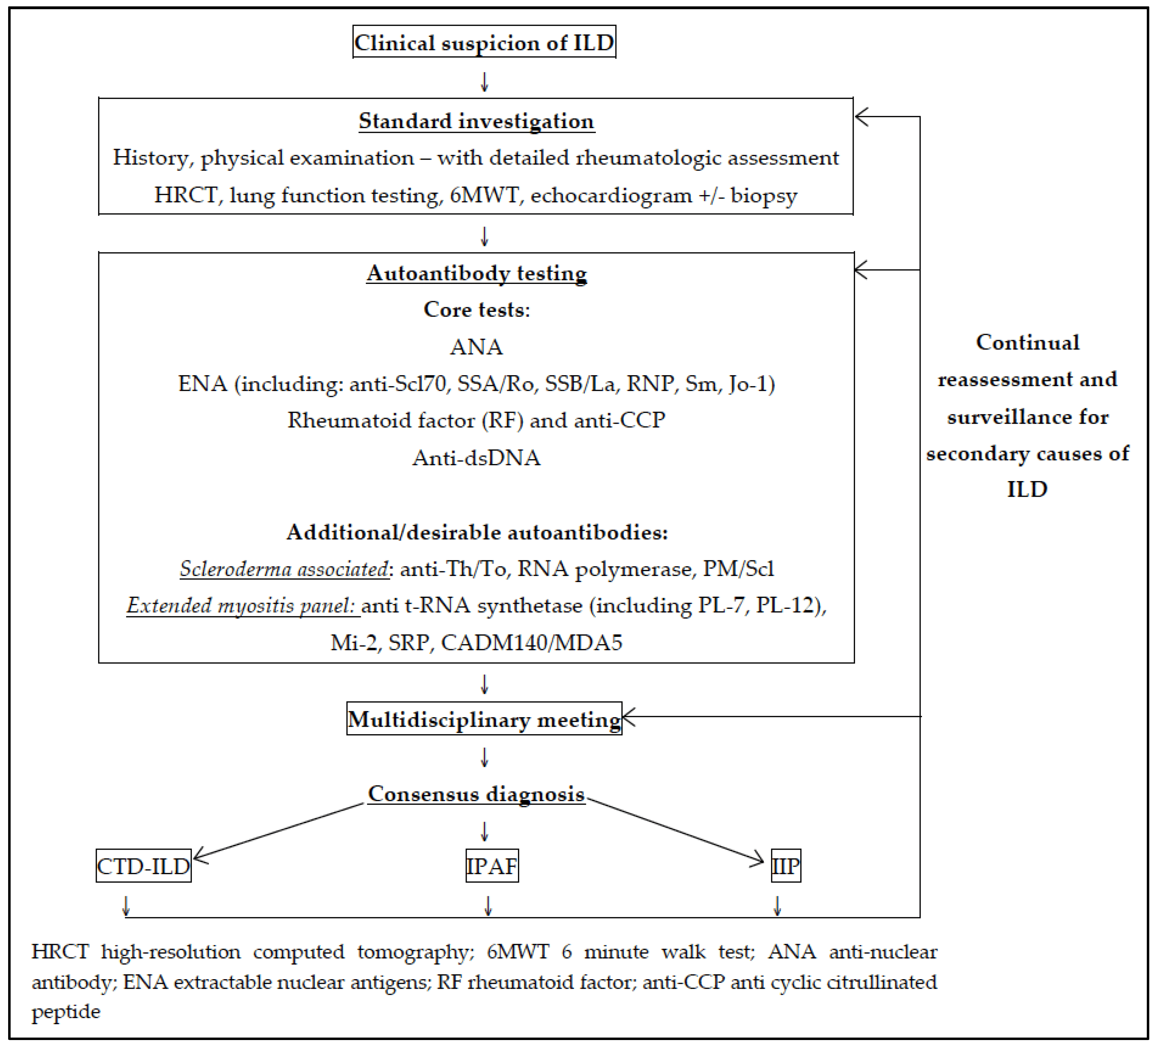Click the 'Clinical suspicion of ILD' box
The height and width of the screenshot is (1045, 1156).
tap(484, 42)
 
